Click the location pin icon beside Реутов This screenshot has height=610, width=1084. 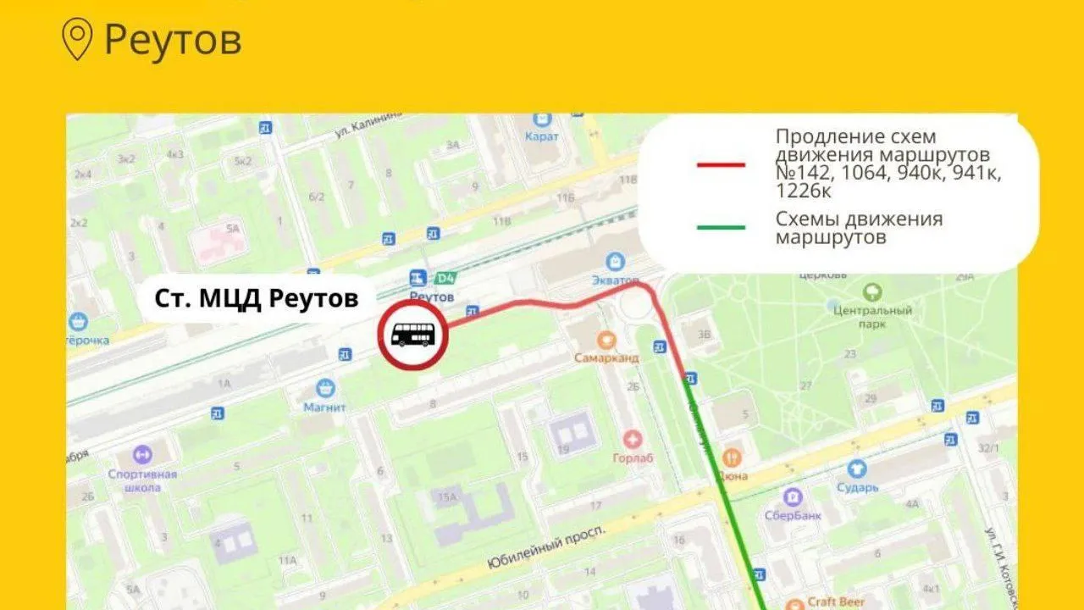(x=79, y=40)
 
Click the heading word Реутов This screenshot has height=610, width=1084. (x=173, y=40)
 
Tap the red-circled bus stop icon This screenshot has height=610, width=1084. (x=412, y=336)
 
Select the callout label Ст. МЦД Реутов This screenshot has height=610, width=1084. (x=256, y=298)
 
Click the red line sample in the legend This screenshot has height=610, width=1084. (x=721, y=165)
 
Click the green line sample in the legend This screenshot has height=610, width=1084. (x=721, y=227)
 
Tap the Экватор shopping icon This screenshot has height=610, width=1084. (x=617, y=263)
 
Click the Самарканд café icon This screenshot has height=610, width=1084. (x=606, y=341)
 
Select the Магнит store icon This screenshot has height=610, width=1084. (x=325, y=389)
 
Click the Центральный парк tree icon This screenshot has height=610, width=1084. (x=872, y=293)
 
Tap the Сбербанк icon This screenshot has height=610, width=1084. (x=793, y=496)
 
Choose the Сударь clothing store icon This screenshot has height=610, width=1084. (x=857, y=469)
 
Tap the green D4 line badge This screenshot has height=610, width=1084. (x=444, y=278)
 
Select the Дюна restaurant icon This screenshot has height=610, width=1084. (x=732, y=458)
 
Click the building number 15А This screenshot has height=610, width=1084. (x=448, y=496)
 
